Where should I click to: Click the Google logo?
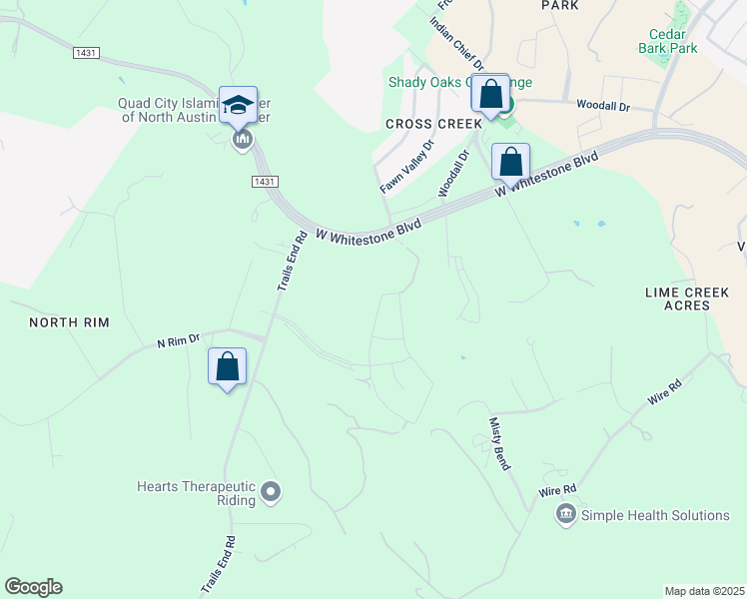33,587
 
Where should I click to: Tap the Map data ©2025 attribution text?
704,591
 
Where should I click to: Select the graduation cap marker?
239,105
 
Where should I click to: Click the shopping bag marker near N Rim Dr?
227,366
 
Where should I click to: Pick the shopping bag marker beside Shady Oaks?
490,94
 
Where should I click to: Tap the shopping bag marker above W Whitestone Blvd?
510,162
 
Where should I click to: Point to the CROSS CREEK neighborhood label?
426,124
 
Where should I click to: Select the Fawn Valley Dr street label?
407,167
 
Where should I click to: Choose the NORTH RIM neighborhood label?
68,322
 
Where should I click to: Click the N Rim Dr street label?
179,341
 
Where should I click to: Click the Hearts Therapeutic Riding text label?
195,494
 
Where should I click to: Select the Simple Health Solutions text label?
656,515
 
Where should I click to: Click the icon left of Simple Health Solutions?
566,514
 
